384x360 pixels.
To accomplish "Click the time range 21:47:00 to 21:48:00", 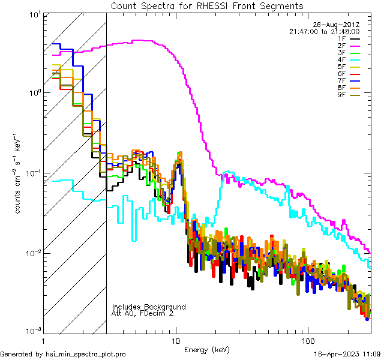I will click(x=324, y=31).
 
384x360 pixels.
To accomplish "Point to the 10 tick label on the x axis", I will click(x=176, y=340).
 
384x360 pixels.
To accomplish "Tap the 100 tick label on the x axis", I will click(x=308, y=340).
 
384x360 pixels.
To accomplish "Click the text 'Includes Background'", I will click(x=149, y=307).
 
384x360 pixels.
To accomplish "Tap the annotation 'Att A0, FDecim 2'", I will click(x=142, y=313).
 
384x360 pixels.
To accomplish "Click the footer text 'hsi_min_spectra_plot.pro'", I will click(x=86, y=355).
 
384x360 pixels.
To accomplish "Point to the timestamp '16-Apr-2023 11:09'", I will click(x=347, y=355).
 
